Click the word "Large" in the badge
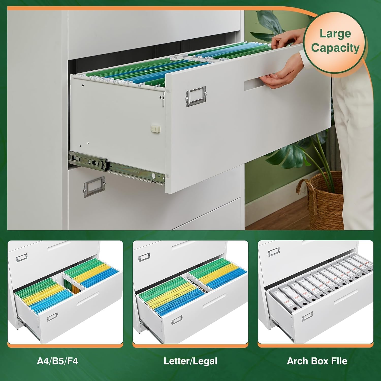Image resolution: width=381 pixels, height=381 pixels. click(335, 34)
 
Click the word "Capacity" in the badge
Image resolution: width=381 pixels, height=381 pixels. click(335, 48)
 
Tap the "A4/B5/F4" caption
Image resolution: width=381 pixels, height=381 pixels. click(57, 361)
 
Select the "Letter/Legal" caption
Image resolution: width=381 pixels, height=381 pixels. click(190, 361)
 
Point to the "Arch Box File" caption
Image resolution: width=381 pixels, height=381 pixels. click(317, 361)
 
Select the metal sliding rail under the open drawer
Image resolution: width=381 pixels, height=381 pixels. click(114, 165)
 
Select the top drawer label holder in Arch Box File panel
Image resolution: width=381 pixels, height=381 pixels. click(274, 252)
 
